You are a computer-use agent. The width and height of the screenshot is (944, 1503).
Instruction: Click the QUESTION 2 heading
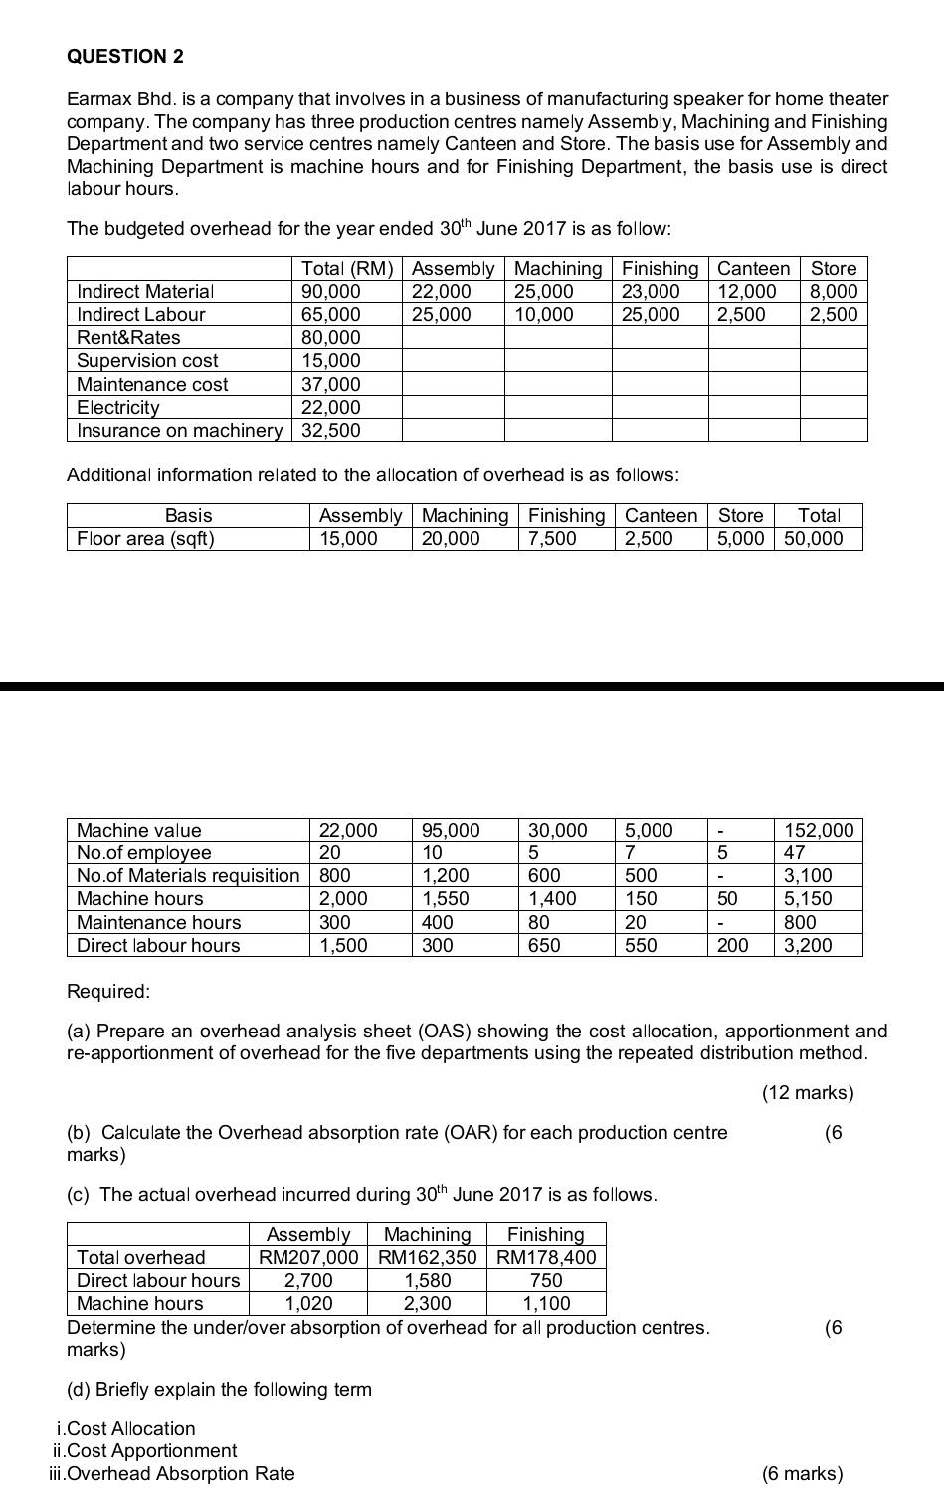(125, 56)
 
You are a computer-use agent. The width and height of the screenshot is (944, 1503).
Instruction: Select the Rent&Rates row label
(128, 337)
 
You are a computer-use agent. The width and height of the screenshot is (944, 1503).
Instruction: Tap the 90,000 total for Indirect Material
(331, 291)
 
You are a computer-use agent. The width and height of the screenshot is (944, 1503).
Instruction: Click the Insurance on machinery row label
(179, 430)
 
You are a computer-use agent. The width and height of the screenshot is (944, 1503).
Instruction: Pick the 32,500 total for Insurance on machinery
(331, 430)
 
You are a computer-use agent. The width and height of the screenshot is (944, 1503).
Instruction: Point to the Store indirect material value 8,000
(833, 291)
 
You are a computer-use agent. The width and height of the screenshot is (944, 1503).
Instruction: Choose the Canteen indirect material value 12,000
(747, 291)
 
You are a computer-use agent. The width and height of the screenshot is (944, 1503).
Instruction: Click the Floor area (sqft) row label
(145, 538)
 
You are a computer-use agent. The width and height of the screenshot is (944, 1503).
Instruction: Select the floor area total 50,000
(813, 538)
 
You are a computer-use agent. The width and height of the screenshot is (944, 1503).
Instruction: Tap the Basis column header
(188, 515)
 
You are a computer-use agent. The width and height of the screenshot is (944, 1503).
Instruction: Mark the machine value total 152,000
(819, 830)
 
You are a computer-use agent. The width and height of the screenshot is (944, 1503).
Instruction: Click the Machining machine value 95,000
(451, 830)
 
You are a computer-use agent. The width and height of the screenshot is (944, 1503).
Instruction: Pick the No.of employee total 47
(795, 852)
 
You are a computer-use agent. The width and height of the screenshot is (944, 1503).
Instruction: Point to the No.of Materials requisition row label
(188, 875)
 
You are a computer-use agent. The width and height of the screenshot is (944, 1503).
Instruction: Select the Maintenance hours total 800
(800, 922)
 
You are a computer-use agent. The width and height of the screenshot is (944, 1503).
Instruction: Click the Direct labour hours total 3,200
(808, 945)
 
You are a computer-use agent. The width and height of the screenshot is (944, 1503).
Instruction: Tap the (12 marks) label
(808, 1093)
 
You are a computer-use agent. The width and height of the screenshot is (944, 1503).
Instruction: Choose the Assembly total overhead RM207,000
(308, 1257)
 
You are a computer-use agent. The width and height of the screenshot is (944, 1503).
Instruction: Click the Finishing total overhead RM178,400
(546, 1257)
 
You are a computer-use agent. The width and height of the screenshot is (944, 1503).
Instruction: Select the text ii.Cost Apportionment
(144, 1450)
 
